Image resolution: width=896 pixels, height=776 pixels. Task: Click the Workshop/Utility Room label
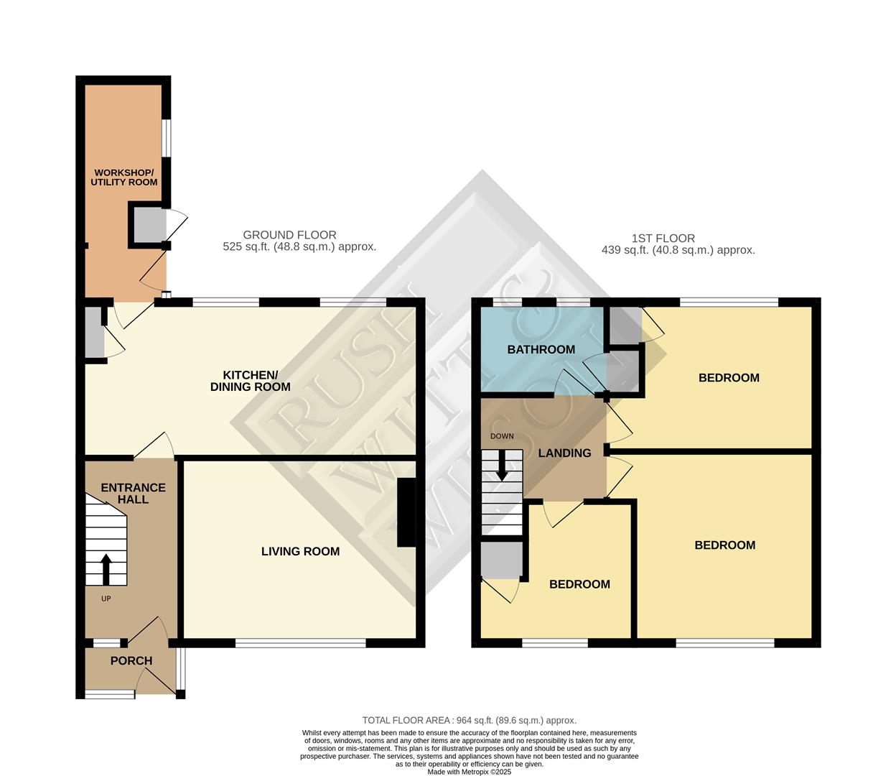[x=124, y=177]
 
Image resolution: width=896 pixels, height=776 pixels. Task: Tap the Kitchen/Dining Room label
[x=250, y=381]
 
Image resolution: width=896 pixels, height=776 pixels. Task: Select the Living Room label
[x=300, y=552]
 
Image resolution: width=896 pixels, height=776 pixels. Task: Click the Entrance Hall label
[x=133, y=493]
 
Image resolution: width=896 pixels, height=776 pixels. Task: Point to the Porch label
[x=131, y=661]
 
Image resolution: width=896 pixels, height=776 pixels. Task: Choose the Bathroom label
[x=541, y=350]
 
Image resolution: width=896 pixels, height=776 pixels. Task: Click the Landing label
[x=564, y=453]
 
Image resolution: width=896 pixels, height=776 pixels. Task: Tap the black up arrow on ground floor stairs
[x=106, y=569]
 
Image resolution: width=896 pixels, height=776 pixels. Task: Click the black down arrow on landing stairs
[x=502, y=465]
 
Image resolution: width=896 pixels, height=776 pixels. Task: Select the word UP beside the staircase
[x=106, y=599]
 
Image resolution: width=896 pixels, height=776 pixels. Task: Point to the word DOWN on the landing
[x=502, y=436]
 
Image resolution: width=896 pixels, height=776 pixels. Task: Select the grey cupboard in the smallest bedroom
[x=501, y=560]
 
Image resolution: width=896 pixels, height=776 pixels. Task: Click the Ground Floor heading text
[x=289, y=235]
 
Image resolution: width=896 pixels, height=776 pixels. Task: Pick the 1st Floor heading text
[x=663, y=239]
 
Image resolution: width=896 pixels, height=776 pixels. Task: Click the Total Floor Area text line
[x=469, y=720]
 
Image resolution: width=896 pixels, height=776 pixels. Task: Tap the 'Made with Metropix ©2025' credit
[x=469, y=772]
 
